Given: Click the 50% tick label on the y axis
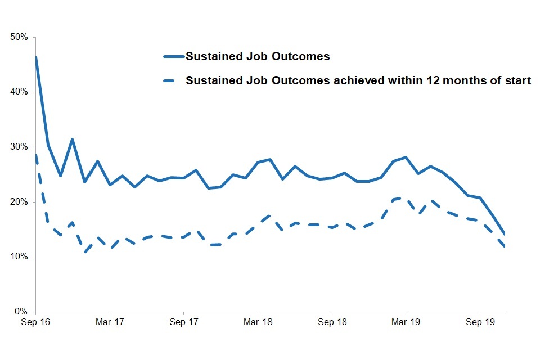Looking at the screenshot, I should (20, 37).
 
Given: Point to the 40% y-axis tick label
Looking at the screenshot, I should (20, 92).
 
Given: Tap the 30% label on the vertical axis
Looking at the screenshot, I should (20, 147).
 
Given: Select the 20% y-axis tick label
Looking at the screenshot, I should (20, 202).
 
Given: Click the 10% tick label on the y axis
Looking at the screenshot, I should (20, 256).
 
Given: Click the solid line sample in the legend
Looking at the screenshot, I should (173, 57).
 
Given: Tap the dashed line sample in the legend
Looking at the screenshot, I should (173, 80).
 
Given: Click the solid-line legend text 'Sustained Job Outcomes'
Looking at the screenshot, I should (258, 57).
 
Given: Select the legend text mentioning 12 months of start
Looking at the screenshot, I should (358, 80).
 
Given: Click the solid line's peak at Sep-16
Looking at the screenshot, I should (36, 57).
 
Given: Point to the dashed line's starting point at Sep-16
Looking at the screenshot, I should (36, 155).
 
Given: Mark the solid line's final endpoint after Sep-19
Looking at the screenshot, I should (505, 235).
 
